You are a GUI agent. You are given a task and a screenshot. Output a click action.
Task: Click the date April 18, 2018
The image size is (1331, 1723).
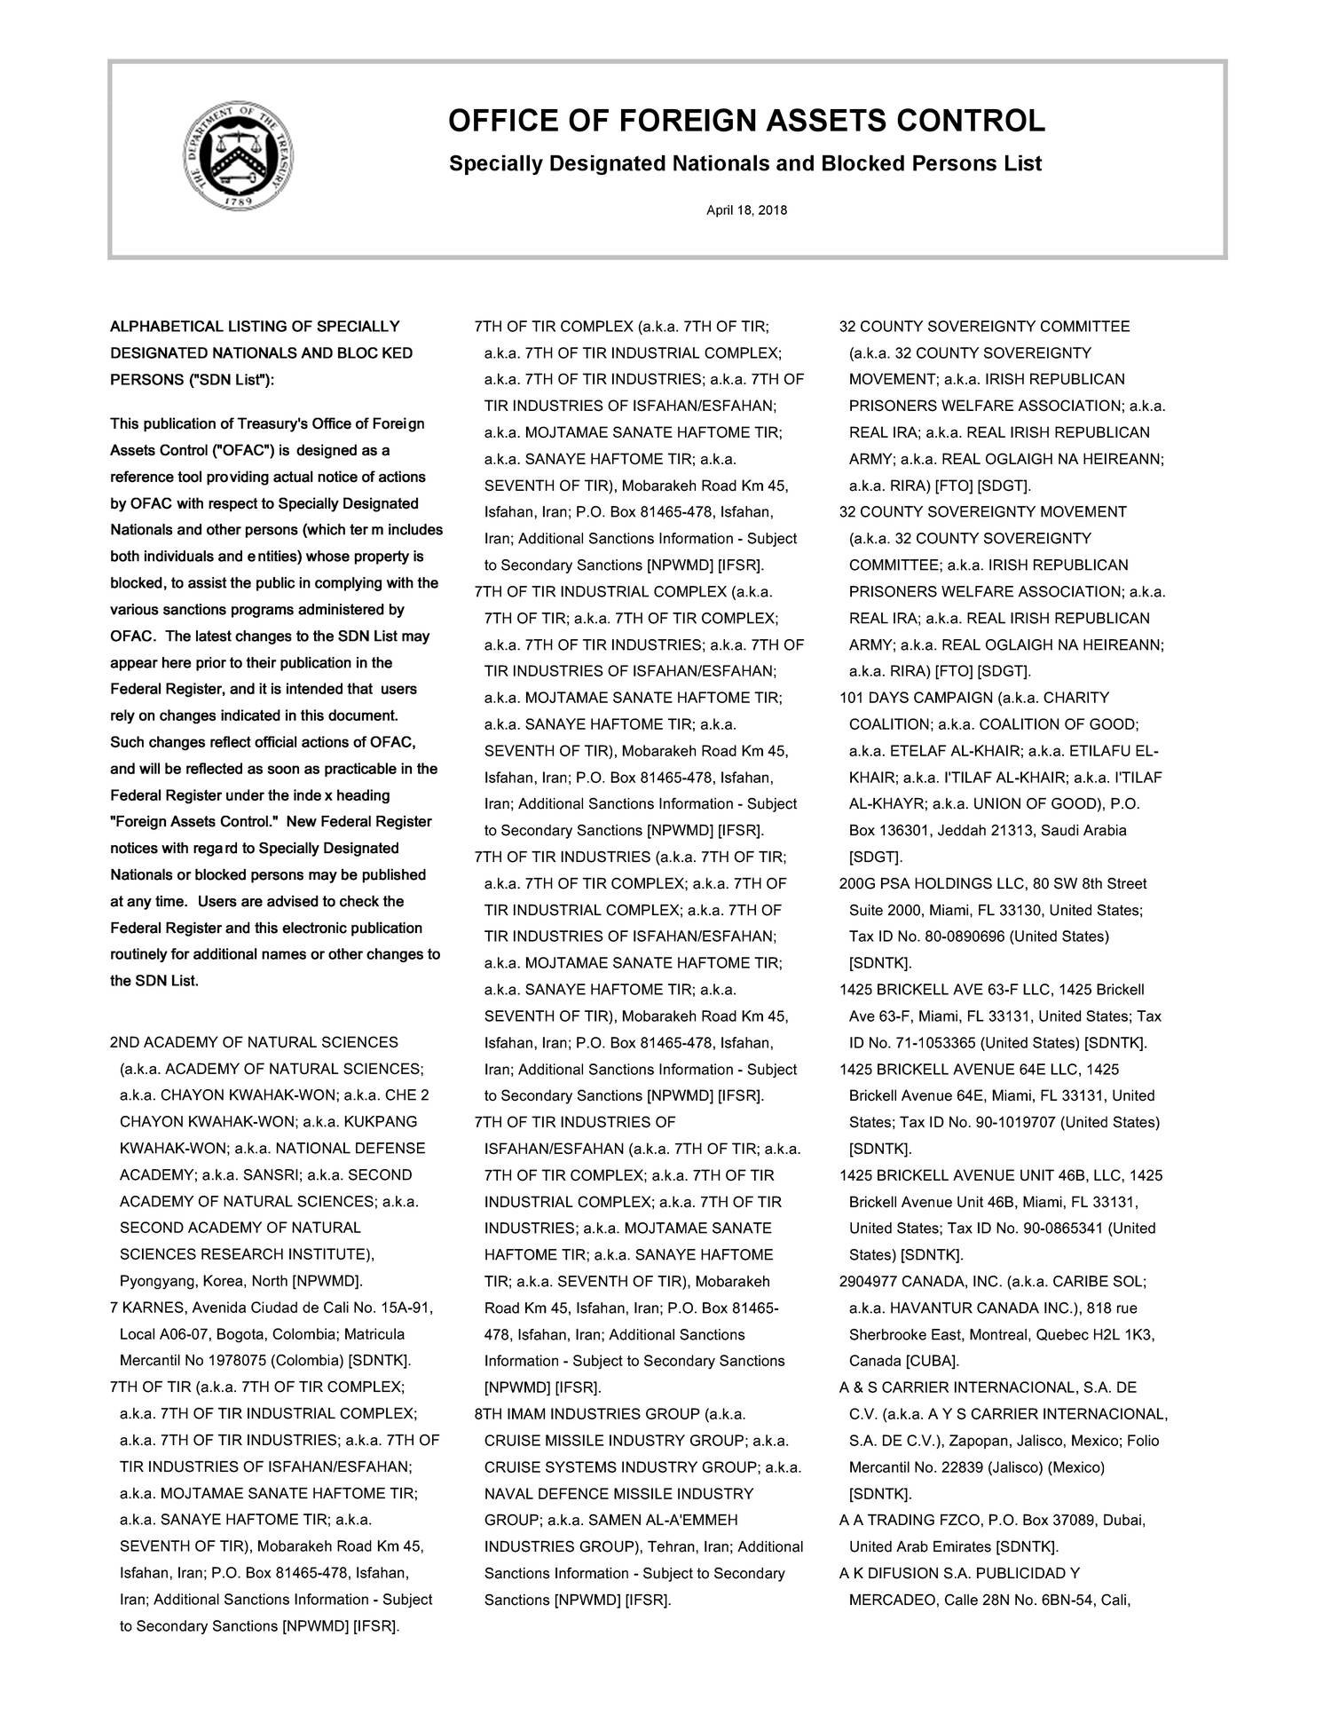tap(745, 210)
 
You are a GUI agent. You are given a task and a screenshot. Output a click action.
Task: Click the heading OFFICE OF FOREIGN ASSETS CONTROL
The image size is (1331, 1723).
tap(746, 121)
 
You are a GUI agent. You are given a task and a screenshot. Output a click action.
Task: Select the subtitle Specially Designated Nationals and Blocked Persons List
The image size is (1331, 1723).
tap(745, 164)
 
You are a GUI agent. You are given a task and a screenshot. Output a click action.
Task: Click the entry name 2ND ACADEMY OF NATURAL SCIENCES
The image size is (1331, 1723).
tap(254, 1042)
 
